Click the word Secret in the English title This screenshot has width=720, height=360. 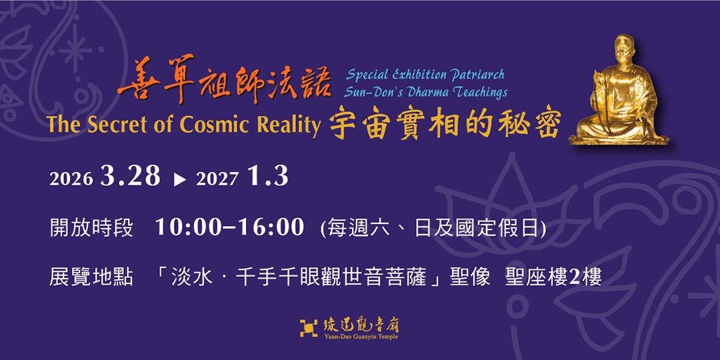(117, 125)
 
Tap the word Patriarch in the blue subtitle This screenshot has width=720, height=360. (476, 75)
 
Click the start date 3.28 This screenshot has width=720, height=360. (131, 177)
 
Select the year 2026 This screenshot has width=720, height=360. (71, 179)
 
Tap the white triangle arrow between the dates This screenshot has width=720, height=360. (179, 179)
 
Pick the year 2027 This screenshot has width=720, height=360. (217, 179)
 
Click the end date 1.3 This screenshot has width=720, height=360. (267, 177)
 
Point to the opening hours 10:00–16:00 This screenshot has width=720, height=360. (229, 227)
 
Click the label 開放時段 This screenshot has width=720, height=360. (91, 228)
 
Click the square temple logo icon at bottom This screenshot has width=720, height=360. (309, 328)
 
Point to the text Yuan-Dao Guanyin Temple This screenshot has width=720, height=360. (361, 336)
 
